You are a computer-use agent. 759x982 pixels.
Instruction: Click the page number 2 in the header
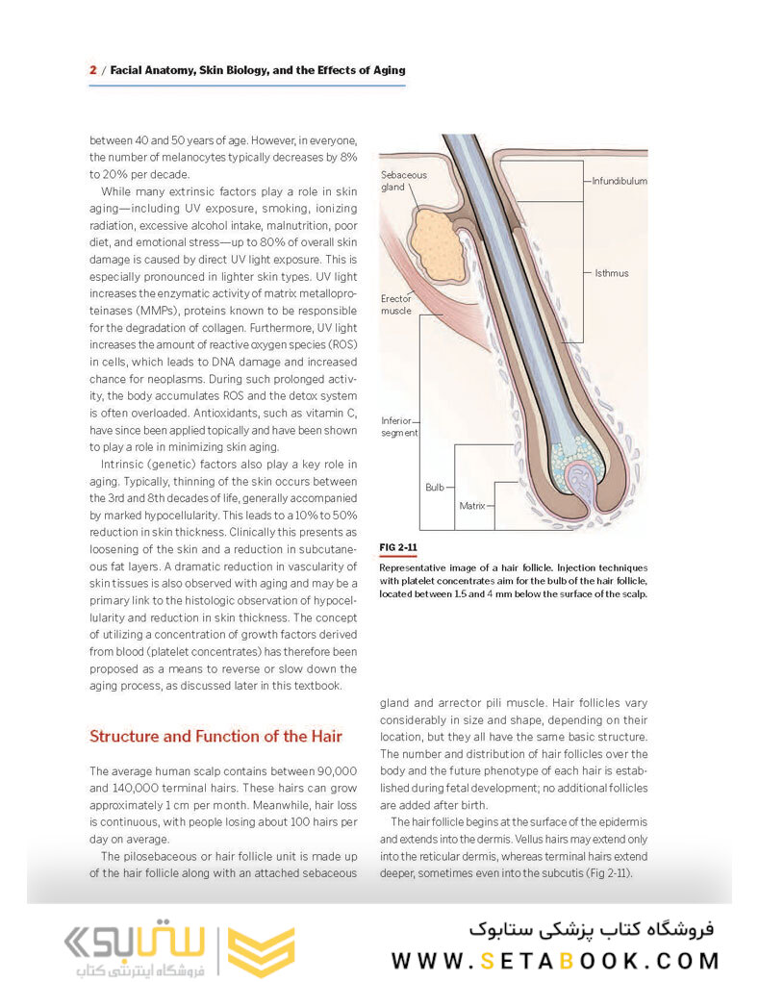[93, 70]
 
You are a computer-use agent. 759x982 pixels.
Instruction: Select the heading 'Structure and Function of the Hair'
[215, 737]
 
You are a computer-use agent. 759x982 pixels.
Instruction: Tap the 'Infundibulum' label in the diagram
[619, 181]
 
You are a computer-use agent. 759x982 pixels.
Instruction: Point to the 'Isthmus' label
[611, 273]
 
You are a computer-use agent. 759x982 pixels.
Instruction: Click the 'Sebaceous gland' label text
[404, 181]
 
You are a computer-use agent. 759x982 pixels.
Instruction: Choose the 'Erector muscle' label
[396, 305]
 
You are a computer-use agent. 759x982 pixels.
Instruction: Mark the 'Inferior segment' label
[399, 427]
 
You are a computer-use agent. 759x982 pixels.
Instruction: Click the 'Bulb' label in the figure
[434, 488]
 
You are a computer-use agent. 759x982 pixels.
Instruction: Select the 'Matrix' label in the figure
[471, 505]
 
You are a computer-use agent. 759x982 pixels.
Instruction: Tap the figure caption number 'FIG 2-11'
[398, 547]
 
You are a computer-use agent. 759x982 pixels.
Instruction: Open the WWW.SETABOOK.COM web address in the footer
[555, 961]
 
